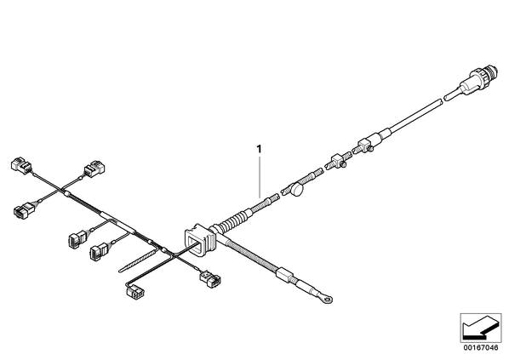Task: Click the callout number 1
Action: click(x=259, y=149)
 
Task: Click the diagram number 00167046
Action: click(x=481, y=348)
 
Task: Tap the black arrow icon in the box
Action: click(x=480, y=329)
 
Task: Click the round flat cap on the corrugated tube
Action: click(x=297, y=190)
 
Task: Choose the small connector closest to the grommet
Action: click(x=210, y=279)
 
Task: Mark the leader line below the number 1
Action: click(x=260, y=177)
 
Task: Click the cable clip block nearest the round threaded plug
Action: click(x=366, y=145)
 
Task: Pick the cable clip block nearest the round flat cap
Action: click(x=338, y=161)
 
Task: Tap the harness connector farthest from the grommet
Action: click(x=21, y=164)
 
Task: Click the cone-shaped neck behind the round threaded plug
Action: click(x=468, y=83)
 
